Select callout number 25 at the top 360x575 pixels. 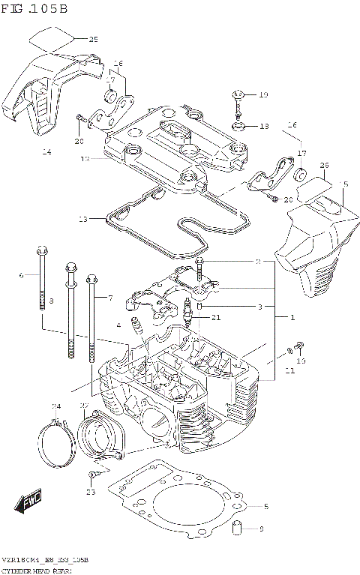(x=93, y=39)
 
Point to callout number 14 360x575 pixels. (x=46, y=152)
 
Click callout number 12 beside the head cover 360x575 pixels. (x=85, y=159)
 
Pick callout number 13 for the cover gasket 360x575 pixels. (x=82, y=219)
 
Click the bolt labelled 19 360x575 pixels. (x=238, y=95)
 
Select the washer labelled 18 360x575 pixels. (x=239, y=126)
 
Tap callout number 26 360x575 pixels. (x=324, y=166)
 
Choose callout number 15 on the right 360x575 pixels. (x=344, y=184)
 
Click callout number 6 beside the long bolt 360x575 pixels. (x=22, y=275)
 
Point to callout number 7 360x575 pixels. (x=109, y=298)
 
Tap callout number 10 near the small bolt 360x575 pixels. (x=301, y=361)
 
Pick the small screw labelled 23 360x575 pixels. (x=92, y=475)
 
